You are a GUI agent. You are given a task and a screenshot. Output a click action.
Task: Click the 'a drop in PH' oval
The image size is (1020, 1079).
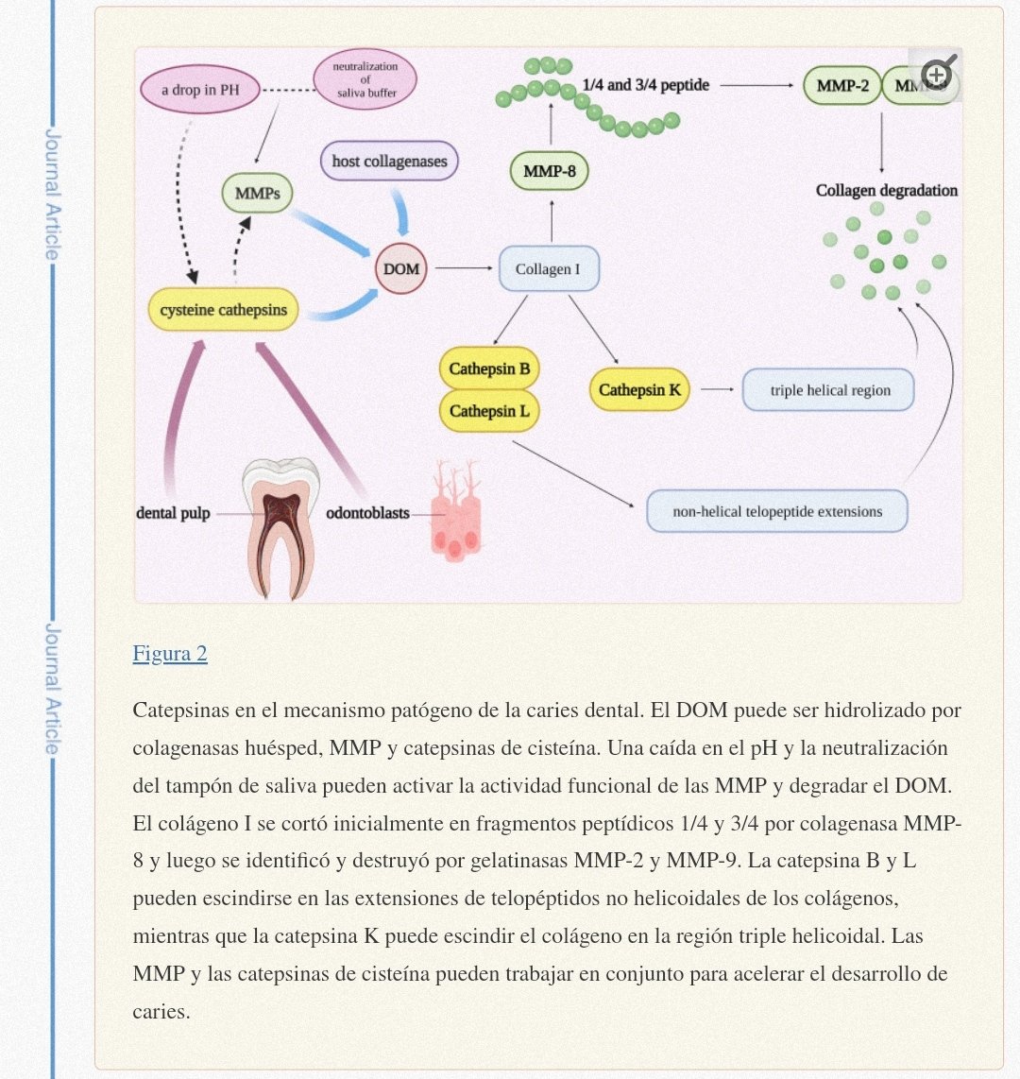[x=200, y=91]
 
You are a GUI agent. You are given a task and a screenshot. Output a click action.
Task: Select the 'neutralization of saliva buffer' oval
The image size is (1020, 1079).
[x=365, y=79]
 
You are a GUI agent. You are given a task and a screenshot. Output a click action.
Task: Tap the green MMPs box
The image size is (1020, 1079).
[x=257, y=194]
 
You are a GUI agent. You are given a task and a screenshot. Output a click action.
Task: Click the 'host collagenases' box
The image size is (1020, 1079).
[x=389, y=162]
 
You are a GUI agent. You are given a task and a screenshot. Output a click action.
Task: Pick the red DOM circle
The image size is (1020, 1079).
[x=401, y=269]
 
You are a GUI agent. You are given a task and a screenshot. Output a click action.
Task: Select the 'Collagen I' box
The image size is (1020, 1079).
[x=548, y=269]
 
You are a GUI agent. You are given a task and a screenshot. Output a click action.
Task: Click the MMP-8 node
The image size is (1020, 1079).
[x=549, y=172]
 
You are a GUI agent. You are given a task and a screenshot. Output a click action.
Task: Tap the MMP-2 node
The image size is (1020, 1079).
[x=842, y=86]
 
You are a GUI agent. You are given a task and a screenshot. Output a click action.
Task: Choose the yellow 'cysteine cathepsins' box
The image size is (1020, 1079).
[x=223, y=310]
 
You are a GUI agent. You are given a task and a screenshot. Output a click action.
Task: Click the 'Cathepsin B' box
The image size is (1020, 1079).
[x=489, y=368]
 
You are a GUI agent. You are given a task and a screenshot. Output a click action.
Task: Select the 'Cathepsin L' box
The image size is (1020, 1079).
[x=489, y=411]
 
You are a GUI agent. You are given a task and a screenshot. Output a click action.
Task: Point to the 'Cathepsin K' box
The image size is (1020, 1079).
[x=639, y=389]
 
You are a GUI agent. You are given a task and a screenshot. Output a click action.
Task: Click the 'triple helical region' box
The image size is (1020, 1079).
[x=829, y=390]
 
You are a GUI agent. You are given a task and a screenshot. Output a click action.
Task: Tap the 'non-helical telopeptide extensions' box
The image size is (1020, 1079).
[x=776, y=512]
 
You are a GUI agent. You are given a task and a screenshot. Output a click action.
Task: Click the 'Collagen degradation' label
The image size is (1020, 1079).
[x=886, y=190]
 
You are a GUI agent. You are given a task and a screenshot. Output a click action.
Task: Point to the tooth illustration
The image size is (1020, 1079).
[x=280, y=525]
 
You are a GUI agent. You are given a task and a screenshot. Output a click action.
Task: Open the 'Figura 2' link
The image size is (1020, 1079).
[x=170, y=654]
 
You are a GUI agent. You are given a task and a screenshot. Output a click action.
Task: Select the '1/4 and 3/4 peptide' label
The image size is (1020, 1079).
[x=646, y=85]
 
